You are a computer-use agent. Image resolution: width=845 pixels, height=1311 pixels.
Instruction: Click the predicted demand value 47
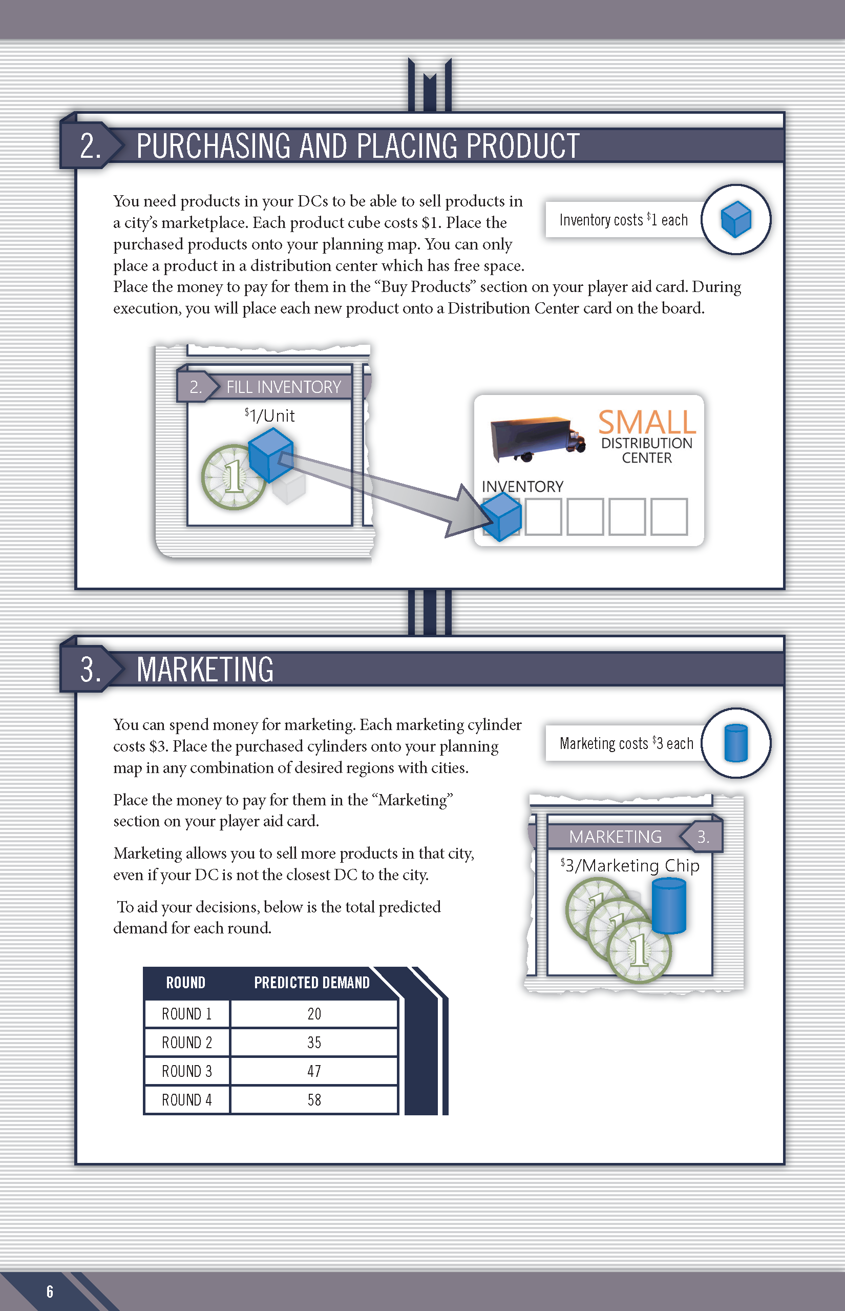click(x=314, y=1071)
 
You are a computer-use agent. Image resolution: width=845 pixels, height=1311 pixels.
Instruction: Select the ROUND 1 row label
click(x=186, y=1013)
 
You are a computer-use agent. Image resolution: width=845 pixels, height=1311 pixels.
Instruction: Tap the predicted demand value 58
click(x=314, y=1100)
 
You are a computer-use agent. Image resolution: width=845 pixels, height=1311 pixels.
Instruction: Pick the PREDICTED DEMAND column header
click(x=312, y=982)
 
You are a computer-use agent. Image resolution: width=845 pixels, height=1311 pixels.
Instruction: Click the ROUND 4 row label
click(x=186, y=1100)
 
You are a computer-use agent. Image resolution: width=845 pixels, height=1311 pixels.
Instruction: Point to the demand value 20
click(x=314, y=1013)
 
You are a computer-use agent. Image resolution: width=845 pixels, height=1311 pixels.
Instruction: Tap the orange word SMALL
click(x=646, y=422)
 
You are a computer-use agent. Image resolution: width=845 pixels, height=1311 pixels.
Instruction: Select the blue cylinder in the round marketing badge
click(x=736, y=743)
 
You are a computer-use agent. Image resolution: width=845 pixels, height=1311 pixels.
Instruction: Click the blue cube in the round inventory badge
click(x=736, y=219)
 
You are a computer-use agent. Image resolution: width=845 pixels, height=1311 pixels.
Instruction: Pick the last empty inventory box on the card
click(x=669, y=516)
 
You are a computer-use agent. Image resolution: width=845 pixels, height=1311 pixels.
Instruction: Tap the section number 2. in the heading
click(x=91, y=146)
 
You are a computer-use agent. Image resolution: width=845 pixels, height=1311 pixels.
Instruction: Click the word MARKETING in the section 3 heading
click(x=205, y=670)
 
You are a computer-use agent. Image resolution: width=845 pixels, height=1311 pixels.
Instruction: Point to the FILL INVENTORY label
click(x=284, y=387)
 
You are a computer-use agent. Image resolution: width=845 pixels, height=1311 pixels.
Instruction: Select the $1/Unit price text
click(x=269, y=415)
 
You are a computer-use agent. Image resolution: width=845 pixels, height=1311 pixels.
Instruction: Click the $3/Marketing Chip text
click(x=630, y=865)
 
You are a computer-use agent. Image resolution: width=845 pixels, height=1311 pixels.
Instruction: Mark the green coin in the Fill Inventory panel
click(x=233, y=477)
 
